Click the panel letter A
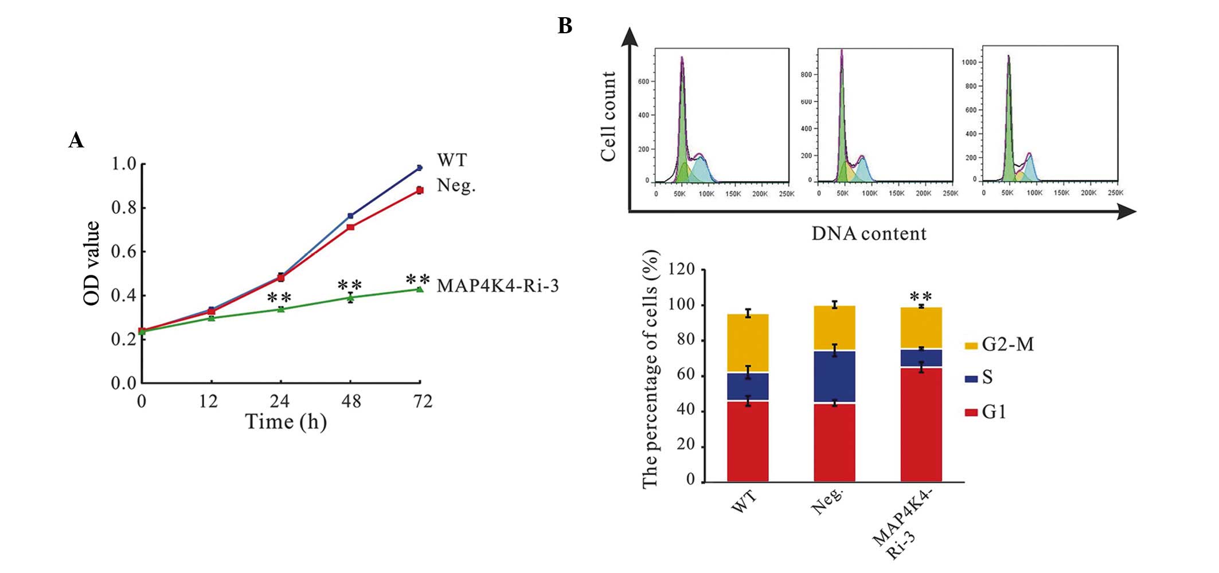coord(76,140)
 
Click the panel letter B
coord(565,26)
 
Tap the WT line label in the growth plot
coord(452,160)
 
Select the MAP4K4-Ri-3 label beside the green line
coord(497,286)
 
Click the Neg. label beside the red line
coord(456,185)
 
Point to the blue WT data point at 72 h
coord(420,167)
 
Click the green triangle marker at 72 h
coord(420,289)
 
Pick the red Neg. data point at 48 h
coord(350,227)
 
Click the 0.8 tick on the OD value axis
coord(124,208)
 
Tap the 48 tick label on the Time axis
coord(351,401)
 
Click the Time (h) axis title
coord(286,422)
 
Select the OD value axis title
coord(92,263)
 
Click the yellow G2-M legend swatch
coord(971,346)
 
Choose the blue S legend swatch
coord(971,379)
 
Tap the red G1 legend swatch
coord(971,412)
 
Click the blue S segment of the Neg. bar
coord(834,376)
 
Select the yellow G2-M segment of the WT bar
coord(748,343)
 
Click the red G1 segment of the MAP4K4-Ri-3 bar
coord(921,424)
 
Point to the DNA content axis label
coord(868,234)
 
